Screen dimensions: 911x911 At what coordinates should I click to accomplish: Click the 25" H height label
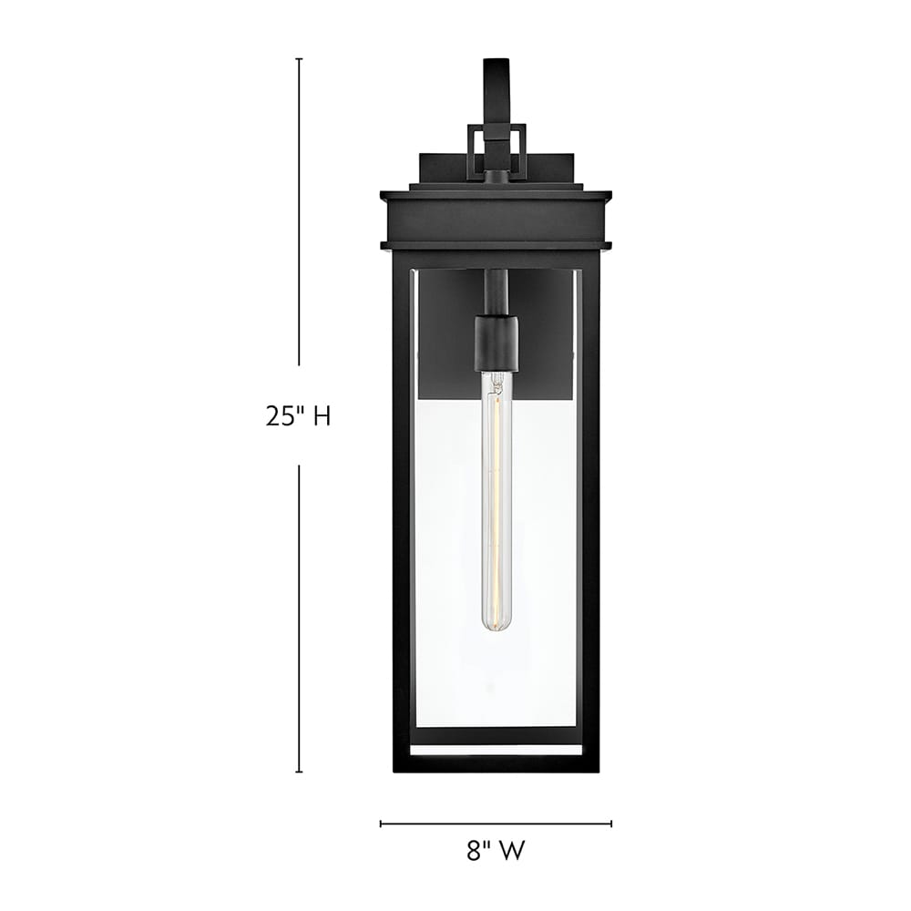pos(298,416)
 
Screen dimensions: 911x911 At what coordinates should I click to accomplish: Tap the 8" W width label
pos(496,852)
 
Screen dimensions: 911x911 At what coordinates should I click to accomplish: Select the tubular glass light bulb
pos(496,501)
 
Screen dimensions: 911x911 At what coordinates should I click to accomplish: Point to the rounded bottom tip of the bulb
pos(496,628)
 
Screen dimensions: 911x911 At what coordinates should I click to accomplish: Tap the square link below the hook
pos(496,151)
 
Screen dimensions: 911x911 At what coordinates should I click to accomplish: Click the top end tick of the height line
pos(299,59)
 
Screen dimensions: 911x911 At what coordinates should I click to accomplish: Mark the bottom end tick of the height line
pos(299,772)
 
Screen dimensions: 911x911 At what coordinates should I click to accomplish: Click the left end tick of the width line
pos(381,824)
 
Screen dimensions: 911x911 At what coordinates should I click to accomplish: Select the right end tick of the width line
pos(611,824)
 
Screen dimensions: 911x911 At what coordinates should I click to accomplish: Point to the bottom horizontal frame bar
pos(496,763)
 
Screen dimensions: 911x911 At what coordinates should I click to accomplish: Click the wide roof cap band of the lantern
pos(496,220)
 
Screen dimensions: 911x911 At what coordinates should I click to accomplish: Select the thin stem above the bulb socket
pos(496,292)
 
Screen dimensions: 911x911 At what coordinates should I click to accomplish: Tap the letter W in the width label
pos(513,852)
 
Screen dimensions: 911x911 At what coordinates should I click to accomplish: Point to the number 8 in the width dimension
pos(474,852)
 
